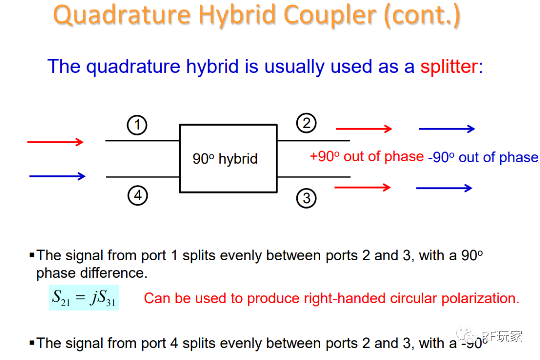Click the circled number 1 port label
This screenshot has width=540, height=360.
(x=137, y=125)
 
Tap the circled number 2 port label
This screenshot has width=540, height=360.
(x=306, y=123)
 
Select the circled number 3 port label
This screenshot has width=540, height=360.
(x=306, y=198)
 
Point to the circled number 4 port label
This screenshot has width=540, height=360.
(x=138, y=195)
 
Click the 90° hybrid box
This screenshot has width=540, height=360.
(x=228, y=159)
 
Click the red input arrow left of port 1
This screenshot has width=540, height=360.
(x=55, y=142)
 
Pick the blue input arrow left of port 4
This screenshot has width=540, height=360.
(x=57, y=176)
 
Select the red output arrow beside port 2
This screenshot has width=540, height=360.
(x=364, y=129)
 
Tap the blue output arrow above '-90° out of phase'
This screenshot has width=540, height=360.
(x=447, y=129)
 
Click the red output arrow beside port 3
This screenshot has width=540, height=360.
(x=362, y=188)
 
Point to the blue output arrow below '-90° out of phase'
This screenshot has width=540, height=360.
(x=444, y=188)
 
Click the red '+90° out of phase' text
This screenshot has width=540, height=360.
(x=367, y=157)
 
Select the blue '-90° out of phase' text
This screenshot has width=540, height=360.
(x=483, y=158)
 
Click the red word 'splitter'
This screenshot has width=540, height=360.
(x=449, y=66)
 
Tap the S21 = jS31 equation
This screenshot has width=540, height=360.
(x=84, y=298)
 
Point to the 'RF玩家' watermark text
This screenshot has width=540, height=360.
(x=502, y=336)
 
